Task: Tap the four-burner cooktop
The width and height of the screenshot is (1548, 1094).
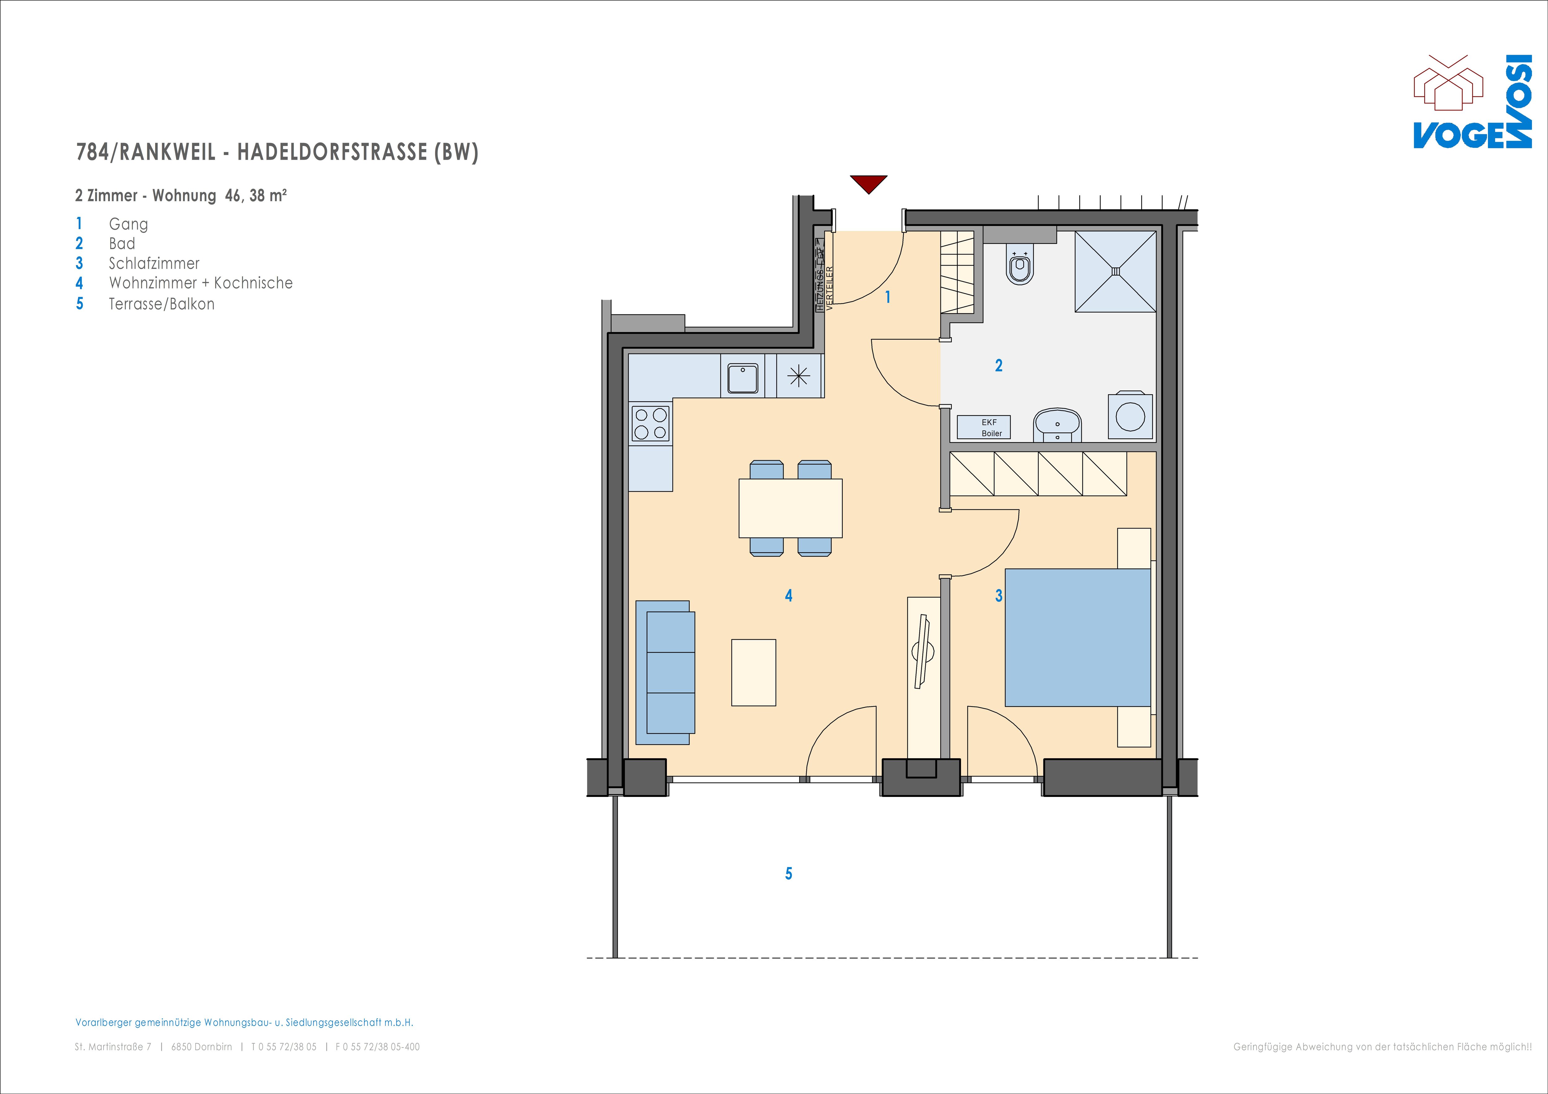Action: point(650,423)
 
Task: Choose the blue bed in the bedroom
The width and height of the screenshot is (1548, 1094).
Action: point(1077,637)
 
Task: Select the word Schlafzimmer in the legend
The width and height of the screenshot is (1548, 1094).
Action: point(154,264)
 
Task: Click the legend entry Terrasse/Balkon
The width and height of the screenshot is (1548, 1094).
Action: point(162,304)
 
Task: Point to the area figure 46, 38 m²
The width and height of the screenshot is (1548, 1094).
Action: point(255,196)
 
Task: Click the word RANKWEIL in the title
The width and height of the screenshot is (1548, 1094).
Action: point(168,152)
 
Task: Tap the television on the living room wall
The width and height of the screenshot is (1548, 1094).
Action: point(922,651)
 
